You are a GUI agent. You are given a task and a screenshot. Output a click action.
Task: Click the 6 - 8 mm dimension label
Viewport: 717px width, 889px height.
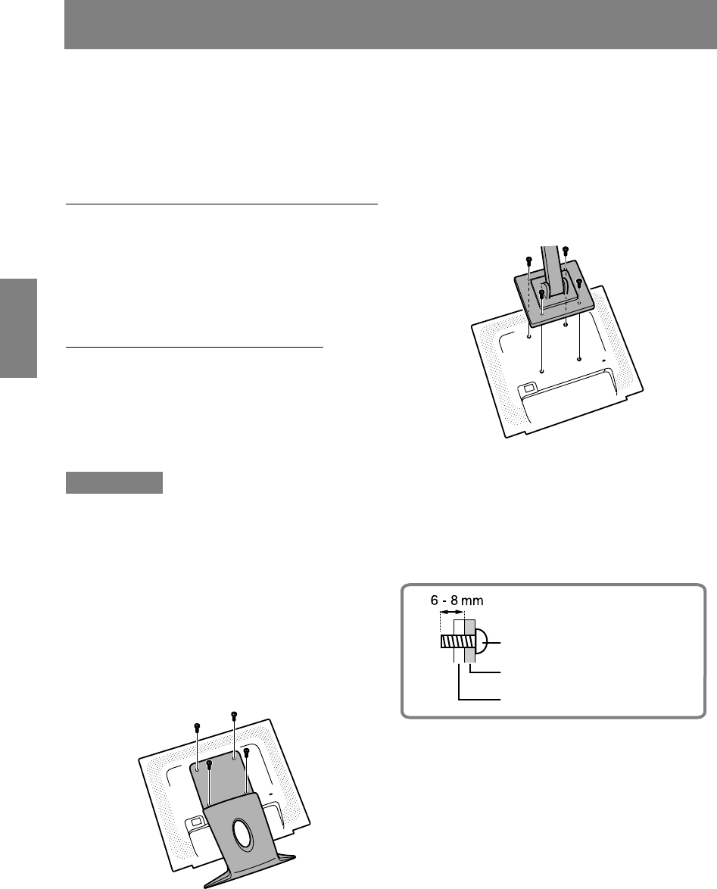[457, 600]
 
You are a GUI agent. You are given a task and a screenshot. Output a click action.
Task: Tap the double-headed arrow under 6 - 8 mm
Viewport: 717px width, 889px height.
[452, 613]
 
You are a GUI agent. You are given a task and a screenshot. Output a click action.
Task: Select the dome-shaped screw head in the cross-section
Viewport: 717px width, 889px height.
[479, 643]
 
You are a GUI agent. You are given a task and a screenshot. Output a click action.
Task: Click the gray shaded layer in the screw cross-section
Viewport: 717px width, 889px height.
[469, 641]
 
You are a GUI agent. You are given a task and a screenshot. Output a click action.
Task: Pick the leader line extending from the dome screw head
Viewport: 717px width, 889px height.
[493, 643]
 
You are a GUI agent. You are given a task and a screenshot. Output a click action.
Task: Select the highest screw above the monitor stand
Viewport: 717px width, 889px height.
[233, 716]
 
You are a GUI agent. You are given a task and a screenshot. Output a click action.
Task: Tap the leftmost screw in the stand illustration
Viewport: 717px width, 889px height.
[197, 727]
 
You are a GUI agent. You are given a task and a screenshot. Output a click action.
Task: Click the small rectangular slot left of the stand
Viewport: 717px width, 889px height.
[195, 820]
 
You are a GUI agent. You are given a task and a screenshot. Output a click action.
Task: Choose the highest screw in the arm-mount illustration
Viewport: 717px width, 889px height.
[565, 250]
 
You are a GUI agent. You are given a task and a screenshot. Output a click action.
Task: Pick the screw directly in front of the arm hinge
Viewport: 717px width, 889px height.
[542, 295]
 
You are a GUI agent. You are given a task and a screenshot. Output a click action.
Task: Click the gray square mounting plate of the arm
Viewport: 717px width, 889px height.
[553, 294]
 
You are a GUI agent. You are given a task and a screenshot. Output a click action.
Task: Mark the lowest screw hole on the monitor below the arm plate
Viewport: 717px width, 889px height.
[542, 372]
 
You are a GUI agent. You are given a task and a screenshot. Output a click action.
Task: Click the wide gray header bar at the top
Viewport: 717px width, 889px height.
[391, 24]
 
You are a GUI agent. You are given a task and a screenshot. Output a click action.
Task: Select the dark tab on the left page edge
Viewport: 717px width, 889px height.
[18, 328]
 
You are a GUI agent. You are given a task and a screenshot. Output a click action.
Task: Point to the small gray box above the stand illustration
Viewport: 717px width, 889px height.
[114, 482]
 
